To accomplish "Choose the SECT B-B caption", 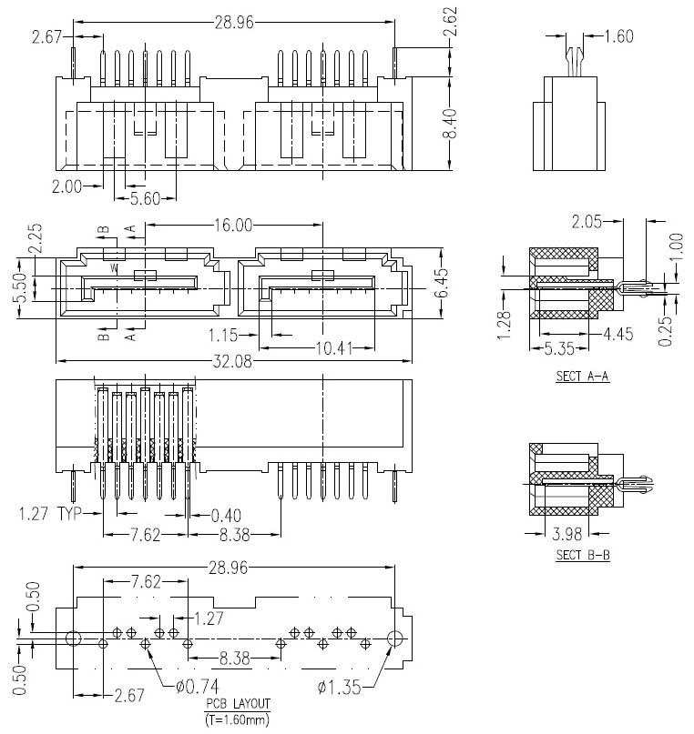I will point(582,554).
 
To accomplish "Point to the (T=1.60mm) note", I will point(237,719).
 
